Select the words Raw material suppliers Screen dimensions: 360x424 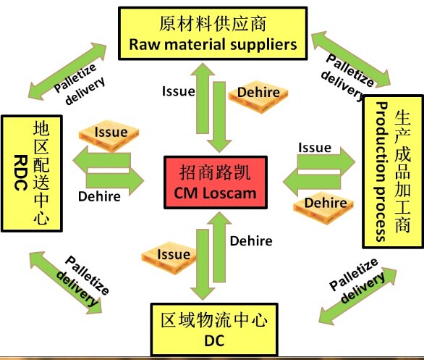click(x=213, y=44)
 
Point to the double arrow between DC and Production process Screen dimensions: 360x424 click(x=357, y=293)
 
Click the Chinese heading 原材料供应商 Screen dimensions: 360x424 click(x=213, y=24)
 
